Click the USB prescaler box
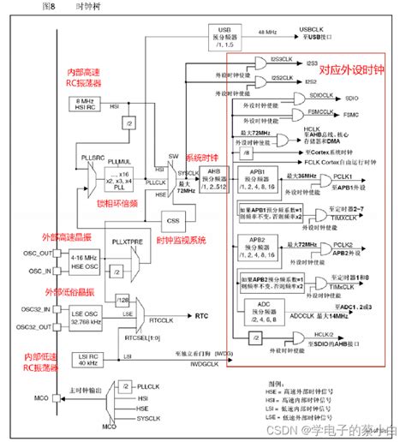tap(226, 35)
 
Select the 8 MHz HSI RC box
tap(86, 105)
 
